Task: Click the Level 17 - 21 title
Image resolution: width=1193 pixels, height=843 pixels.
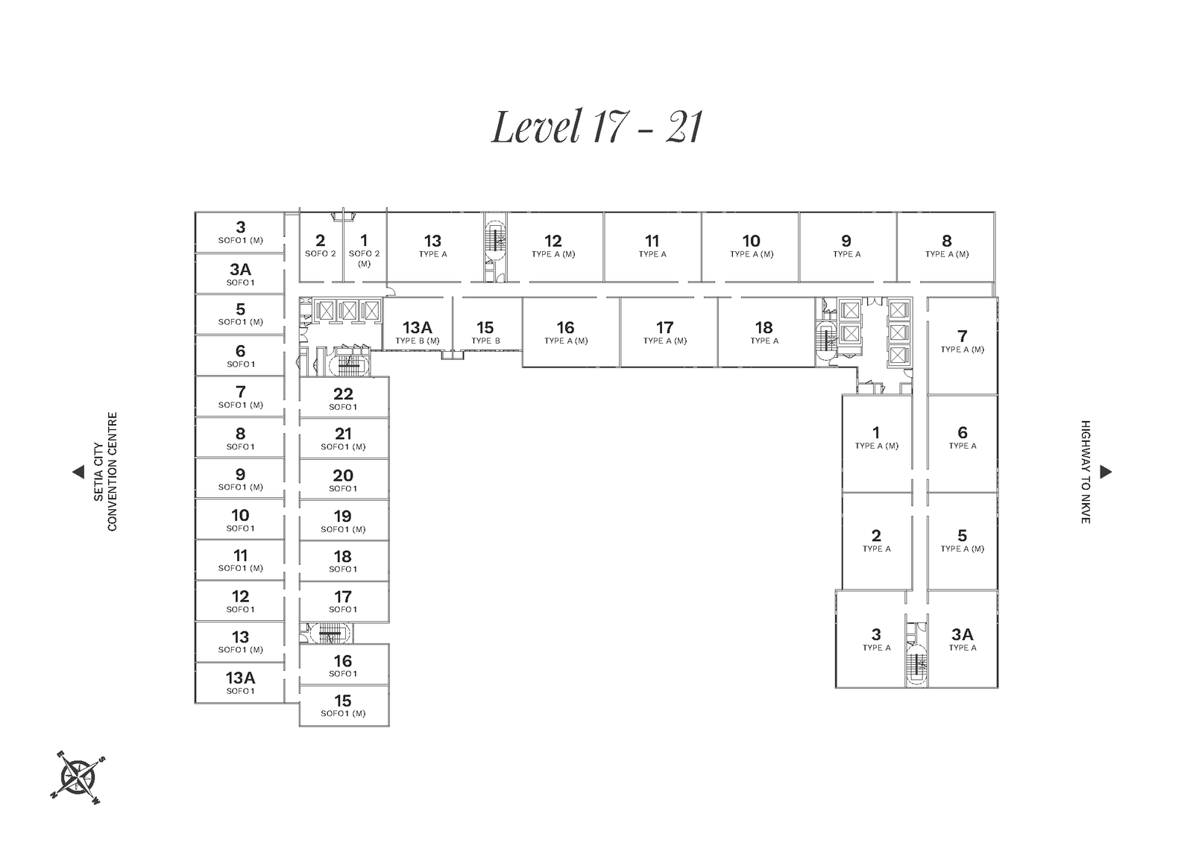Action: pos(596,127)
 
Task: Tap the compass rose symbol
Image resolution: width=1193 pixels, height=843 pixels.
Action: pos(78,777)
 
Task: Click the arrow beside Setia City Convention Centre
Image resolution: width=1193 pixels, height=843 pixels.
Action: pos(78,472)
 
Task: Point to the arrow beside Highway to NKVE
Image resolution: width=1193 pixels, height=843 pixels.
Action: pos(1106,472)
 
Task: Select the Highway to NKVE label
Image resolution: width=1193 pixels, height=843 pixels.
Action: pos(1086,472)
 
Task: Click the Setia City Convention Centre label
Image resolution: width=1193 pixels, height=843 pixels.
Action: pos(105,472)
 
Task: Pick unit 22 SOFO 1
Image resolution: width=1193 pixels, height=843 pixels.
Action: pos(344,397)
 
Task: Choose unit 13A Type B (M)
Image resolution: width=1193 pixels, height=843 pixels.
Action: pos(418,323)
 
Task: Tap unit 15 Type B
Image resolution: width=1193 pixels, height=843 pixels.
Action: pos(486,323)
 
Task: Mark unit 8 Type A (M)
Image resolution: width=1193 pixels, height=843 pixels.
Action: pos(946,247)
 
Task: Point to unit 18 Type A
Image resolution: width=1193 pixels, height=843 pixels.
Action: pos(766,332)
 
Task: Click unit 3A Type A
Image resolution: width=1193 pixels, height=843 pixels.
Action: pos(963,639)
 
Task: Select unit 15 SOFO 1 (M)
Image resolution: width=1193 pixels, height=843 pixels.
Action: pos(344,706)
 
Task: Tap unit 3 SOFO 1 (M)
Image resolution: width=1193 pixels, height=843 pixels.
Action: pos(240,233)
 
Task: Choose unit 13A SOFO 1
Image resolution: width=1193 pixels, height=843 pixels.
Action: pos(240,683)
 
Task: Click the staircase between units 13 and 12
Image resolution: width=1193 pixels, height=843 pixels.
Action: pos(496,247)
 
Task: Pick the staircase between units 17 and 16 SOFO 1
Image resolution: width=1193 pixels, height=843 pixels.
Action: pos(330,634)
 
